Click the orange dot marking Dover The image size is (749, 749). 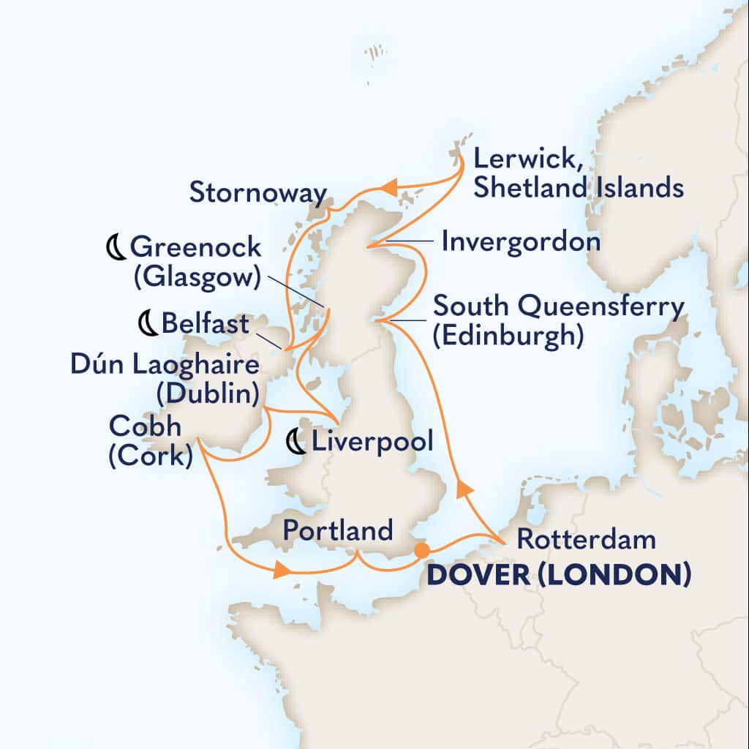tap(421, 549)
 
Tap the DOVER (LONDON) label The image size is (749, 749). tap(559, 576)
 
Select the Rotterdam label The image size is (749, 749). tap(585, 541)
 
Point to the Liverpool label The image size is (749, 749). tap(372, 441)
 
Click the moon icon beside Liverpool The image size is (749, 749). tap(296, 442)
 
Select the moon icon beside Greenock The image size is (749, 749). tap(116, 248)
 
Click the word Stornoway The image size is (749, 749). tap(257, 193)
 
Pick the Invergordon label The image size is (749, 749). tap(522, 241)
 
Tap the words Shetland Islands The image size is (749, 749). tap(579, 188)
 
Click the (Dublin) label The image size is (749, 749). tap(207, 394)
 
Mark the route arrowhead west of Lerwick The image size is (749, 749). tap(389, 189)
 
